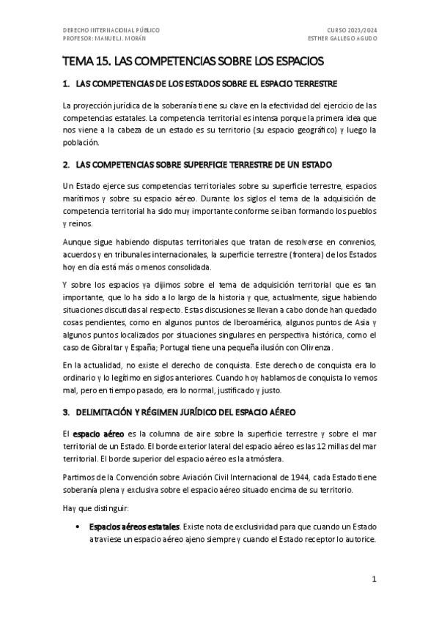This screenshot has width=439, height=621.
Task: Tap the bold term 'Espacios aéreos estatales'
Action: (x=133, y=527)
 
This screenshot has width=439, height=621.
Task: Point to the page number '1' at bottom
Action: (x=373, y=579)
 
